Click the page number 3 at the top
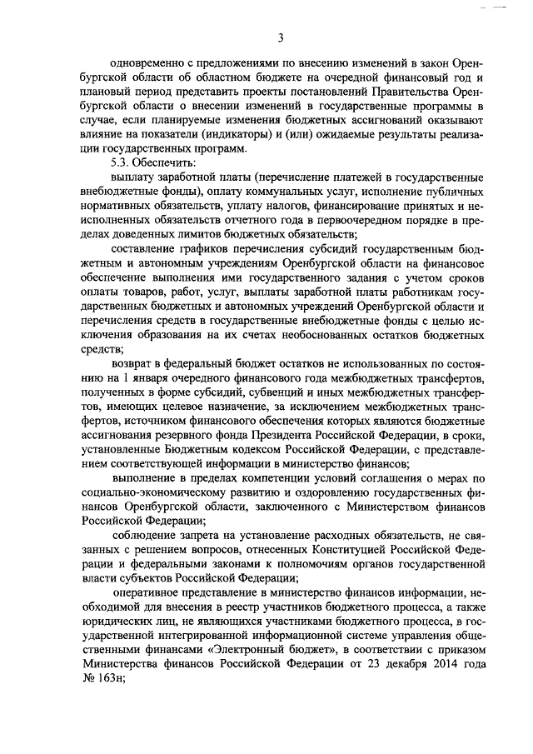(x=281, y=37)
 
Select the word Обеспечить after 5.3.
(x=163, y=163)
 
